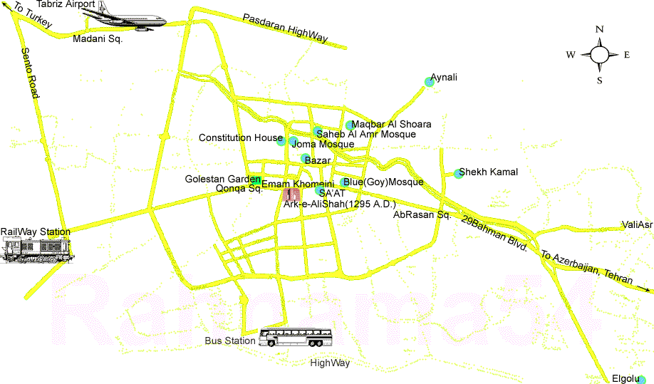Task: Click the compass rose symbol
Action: [600, 54]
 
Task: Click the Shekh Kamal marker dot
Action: [458, 174]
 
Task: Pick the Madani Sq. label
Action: [98, 39]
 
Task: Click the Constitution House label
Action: [241, 137]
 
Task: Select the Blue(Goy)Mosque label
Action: [383, 182]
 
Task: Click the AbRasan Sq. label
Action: [423, 214]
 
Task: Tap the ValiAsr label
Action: [637, 225]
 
